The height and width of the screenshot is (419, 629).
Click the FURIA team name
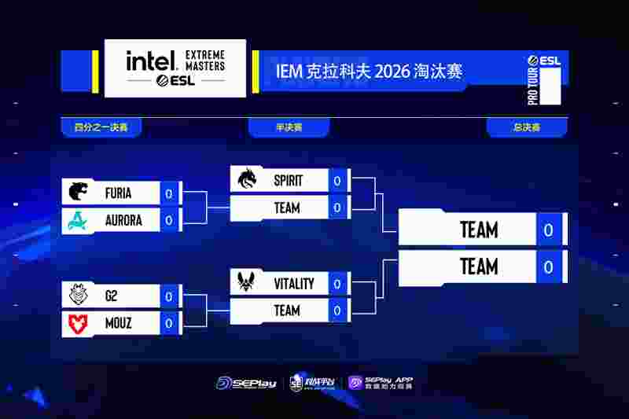(118, 193)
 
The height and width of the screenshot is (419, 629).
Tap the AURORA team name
(123, 220)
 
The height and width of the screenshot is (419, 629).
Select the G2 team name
(111, 296)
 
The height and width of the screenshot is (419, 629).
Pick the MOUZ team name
(118, 323)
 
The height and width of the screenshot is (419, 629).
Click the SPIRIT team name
(288, 180)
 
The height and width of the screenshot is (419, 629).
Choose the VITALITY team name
(294, 283)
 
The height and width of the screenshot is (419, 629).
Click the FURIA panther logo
(79, 193)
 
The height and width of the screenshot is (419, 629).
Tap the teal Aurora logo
(79, 220)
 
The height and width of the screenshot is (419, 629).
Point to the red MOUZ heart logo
(79, 323)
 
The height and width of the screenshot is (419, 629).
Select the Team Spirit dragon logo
(247, 180)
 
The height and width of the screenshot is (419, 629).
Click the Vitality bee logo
(247, 283)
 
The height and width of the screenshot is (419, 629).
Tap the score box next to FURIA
(169, 193)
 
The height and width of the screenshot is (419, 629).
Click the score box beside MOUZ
(169, 323)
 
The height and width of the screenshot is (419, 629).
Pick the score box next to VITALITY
(337, 283)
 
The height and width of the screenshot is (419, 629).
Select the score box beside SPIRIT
(337, 180)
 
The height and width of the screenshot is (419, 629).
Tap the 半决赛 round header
(289, 127)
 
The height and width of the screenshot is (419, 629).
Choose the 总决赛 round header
(526, 127)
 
